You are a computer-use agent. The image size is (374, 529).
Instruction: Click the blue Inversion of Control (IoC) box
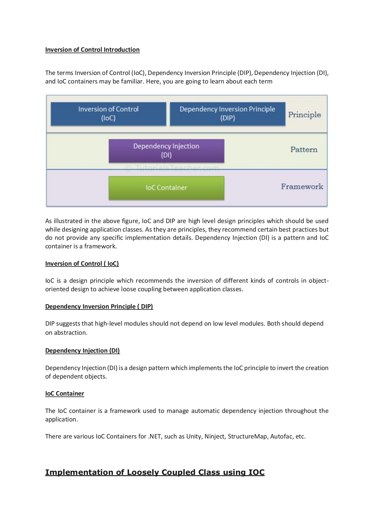pyautogui.click(x=108, y=114)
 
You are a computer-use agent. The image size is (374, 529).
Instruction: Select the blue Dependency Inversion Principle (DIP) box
pyautogui.click(x=227, y=114)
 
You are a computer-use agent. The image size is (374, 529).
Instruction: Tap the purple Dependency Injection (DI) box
pyautogui.click(x=166, y=151)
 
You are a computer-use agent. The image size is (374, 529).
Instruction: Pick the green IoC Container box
pyautogui.click(x=166, y=188)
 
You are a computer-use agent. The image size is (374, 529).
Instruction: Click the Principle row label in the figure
pyautogui.click(x=304, y=115)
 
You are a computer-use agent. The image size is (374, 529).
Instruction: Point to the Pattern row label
pyautogui.click(x=304, y=150)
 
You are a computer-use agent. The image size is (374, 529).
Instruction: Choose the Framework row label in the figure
pyautogui.click(x=302, y=187)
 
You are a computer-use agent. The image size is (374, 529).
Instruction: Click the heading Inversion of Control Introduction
pyautogui.click(x=92, y=50)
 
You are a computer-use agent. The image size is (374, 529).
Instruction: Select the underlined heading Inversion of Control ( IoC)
pyautogui.click(x=82, y=264)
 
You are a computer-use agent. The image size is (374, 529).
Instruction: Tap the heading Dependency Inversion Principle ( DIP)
pyautogui.click(x=99, y=307)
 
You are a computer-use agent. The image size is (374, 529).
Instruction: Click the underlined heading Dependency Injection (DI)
pyautogui.click(x=83, y=351)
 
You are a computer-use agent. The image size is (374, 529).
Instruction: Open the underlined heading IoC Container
pyautogui.click(x=65, y=394)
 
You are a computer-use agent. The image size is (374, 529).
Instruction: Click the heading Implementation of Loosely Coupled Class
pyautogui.click(x=155, y=472)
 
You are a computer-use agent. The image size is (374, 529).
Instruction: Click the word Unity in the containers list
pyautogui.click(x=194, y=436)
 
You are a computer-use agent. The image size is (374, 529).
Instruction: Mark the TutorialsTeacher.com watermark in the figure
pyautogui.click(x=172, y=168)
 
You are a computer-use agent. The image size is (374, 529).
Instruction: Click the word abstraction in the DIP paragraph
pyautogui.click(x=71, y=333)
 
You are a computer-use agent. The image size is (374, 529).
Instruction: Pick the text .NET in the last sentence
pyautogui.click(x=155, y=436)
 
